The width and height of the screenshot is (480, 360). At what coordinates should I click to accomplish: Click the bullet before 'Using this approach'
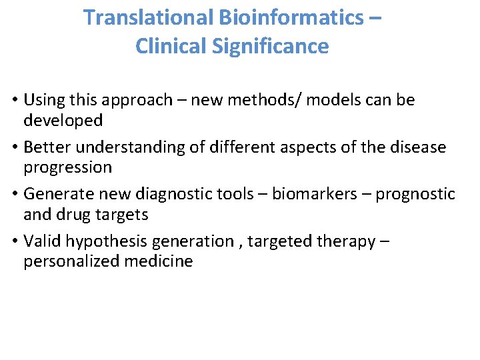(x=15, y=101)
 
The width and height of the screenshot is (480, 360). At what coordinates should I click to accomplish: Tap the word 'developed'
(x=63, y=121)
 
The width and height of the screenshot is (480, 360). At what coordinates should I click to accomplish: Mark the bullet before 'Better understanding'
(x=15, y=147)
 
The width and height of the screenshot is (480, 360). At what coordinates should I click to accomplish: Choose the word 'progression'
(x=69, y=167)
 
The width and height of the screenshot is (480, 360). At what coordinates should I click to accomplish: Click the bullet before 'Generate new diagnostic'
(x=15, y=194)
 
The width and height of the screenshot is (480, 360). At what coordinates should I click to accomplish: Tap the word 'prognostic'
(x=415, y=194)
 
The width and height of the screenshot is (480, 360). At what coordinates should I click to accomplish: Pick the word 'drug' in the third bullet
(x=75, y=214)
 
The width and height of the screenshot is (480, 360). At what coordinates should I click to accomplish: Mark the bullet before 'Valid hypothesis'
(x=15, y=241)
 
